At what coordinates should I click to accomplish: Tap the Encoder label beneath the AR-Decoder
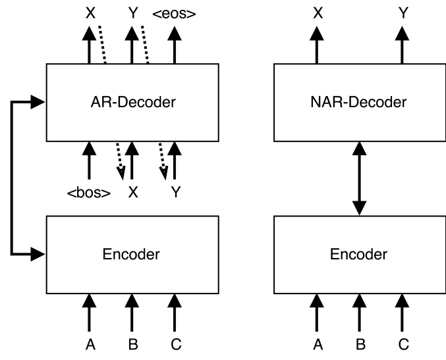coord(132,254)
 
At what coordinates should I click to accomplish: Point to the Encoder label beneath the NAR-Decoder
coord(359,254)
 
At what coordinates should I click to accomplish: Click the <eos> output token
coord(174,12)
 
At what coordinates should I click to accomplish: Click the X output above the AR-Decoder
coord(90,12)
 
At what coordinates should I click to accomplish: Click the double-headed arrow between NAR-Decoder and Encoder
coord(359,178)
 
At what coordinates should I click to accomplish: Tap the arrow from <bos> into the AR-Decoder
coord(90,161)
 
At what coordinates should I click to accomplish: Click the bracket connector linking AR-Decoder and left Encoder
coord(13,178)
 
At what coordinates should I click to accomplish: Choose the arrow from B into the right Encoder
coord(359,313)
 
